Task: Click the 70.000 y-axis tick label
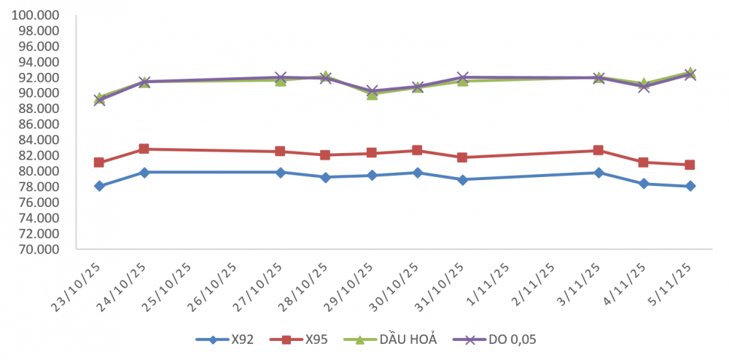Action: click(42, 249)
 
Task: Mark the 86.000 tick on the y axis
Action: click(42, 125)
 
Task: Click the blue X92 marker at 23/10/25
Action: click(99, 186)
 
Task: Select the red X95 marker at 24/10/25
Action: click(144, 149)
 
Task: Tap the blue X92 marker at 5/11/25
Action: click(690, 186)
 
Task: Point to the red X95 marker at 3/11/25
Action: click(599, 150)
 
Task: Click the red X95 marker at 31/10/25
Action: click(462, 157)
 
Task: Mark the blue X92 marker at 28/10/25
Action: click(326, 177)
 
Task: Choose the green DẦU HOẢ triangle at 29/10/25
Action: click(372, 94)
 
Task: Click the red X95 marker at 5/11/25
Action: click(690, 165)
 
